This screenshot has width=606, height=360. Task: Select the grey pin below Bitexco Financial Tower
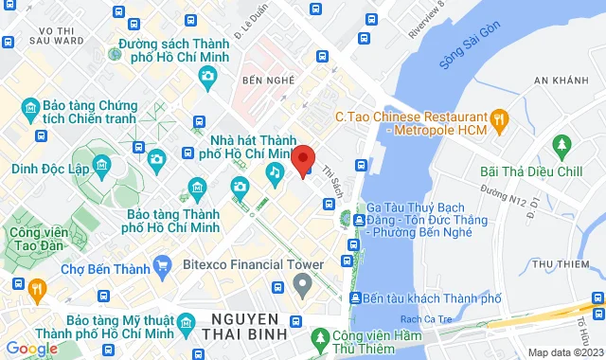point(302,282)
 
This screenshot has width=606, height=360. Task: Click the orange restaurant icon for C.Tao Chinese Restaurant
point(502,118)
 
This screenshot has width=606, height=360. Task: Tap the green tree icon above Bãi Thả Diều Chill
point(562,146)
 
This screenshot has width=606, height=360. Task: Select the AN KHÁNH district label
point(563,81)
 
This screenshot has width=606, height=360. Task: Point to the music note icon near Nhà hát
point(274,171)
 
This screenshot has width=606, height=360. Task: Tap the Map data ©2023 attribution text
point(565,352)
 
